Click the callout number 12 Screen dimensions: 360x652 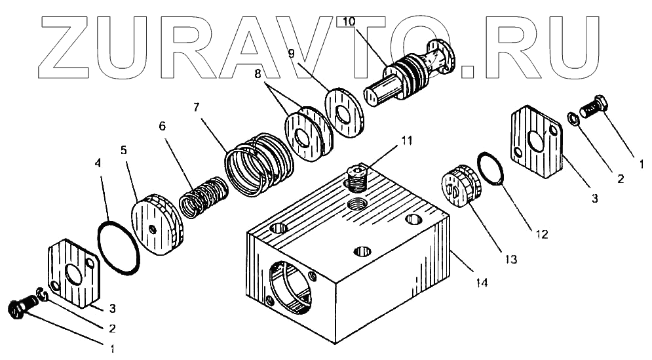click(x=541, y=233)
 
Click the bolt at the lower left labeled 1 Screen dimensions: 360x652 click(x=23, y=306)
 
